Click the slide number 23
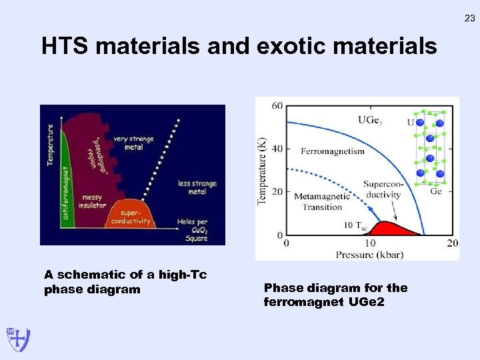coord(469,19)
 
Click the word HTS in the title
coord(66,47)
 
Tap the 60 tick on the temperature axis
coord(277,107)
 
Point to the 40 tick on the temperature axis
coord(277,149)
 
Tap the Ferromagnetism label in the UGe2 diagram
coord(333,151)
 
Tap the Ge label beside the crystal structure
coord(435,191)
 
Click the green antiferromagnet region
coord(65,180)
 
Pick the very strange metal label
coord(133,143)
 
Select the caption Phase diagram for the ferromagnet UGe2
coord(335,295)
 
